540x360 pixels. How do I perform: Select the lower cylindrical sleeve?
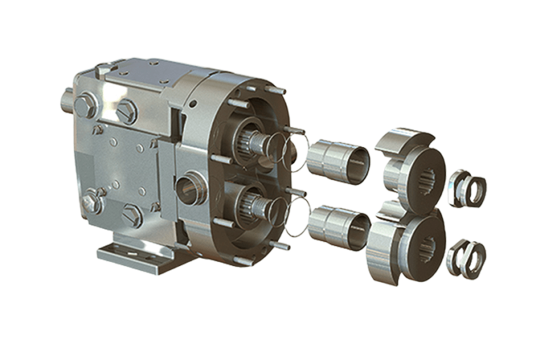340,225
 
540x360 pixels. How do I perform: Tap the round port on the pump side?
188,188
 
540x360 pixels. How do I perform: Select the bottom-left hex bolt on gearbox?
91,203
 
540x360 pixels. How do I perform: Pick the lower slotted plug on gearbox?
132,215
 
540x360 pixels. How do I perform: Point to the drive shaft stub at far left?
67,101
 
